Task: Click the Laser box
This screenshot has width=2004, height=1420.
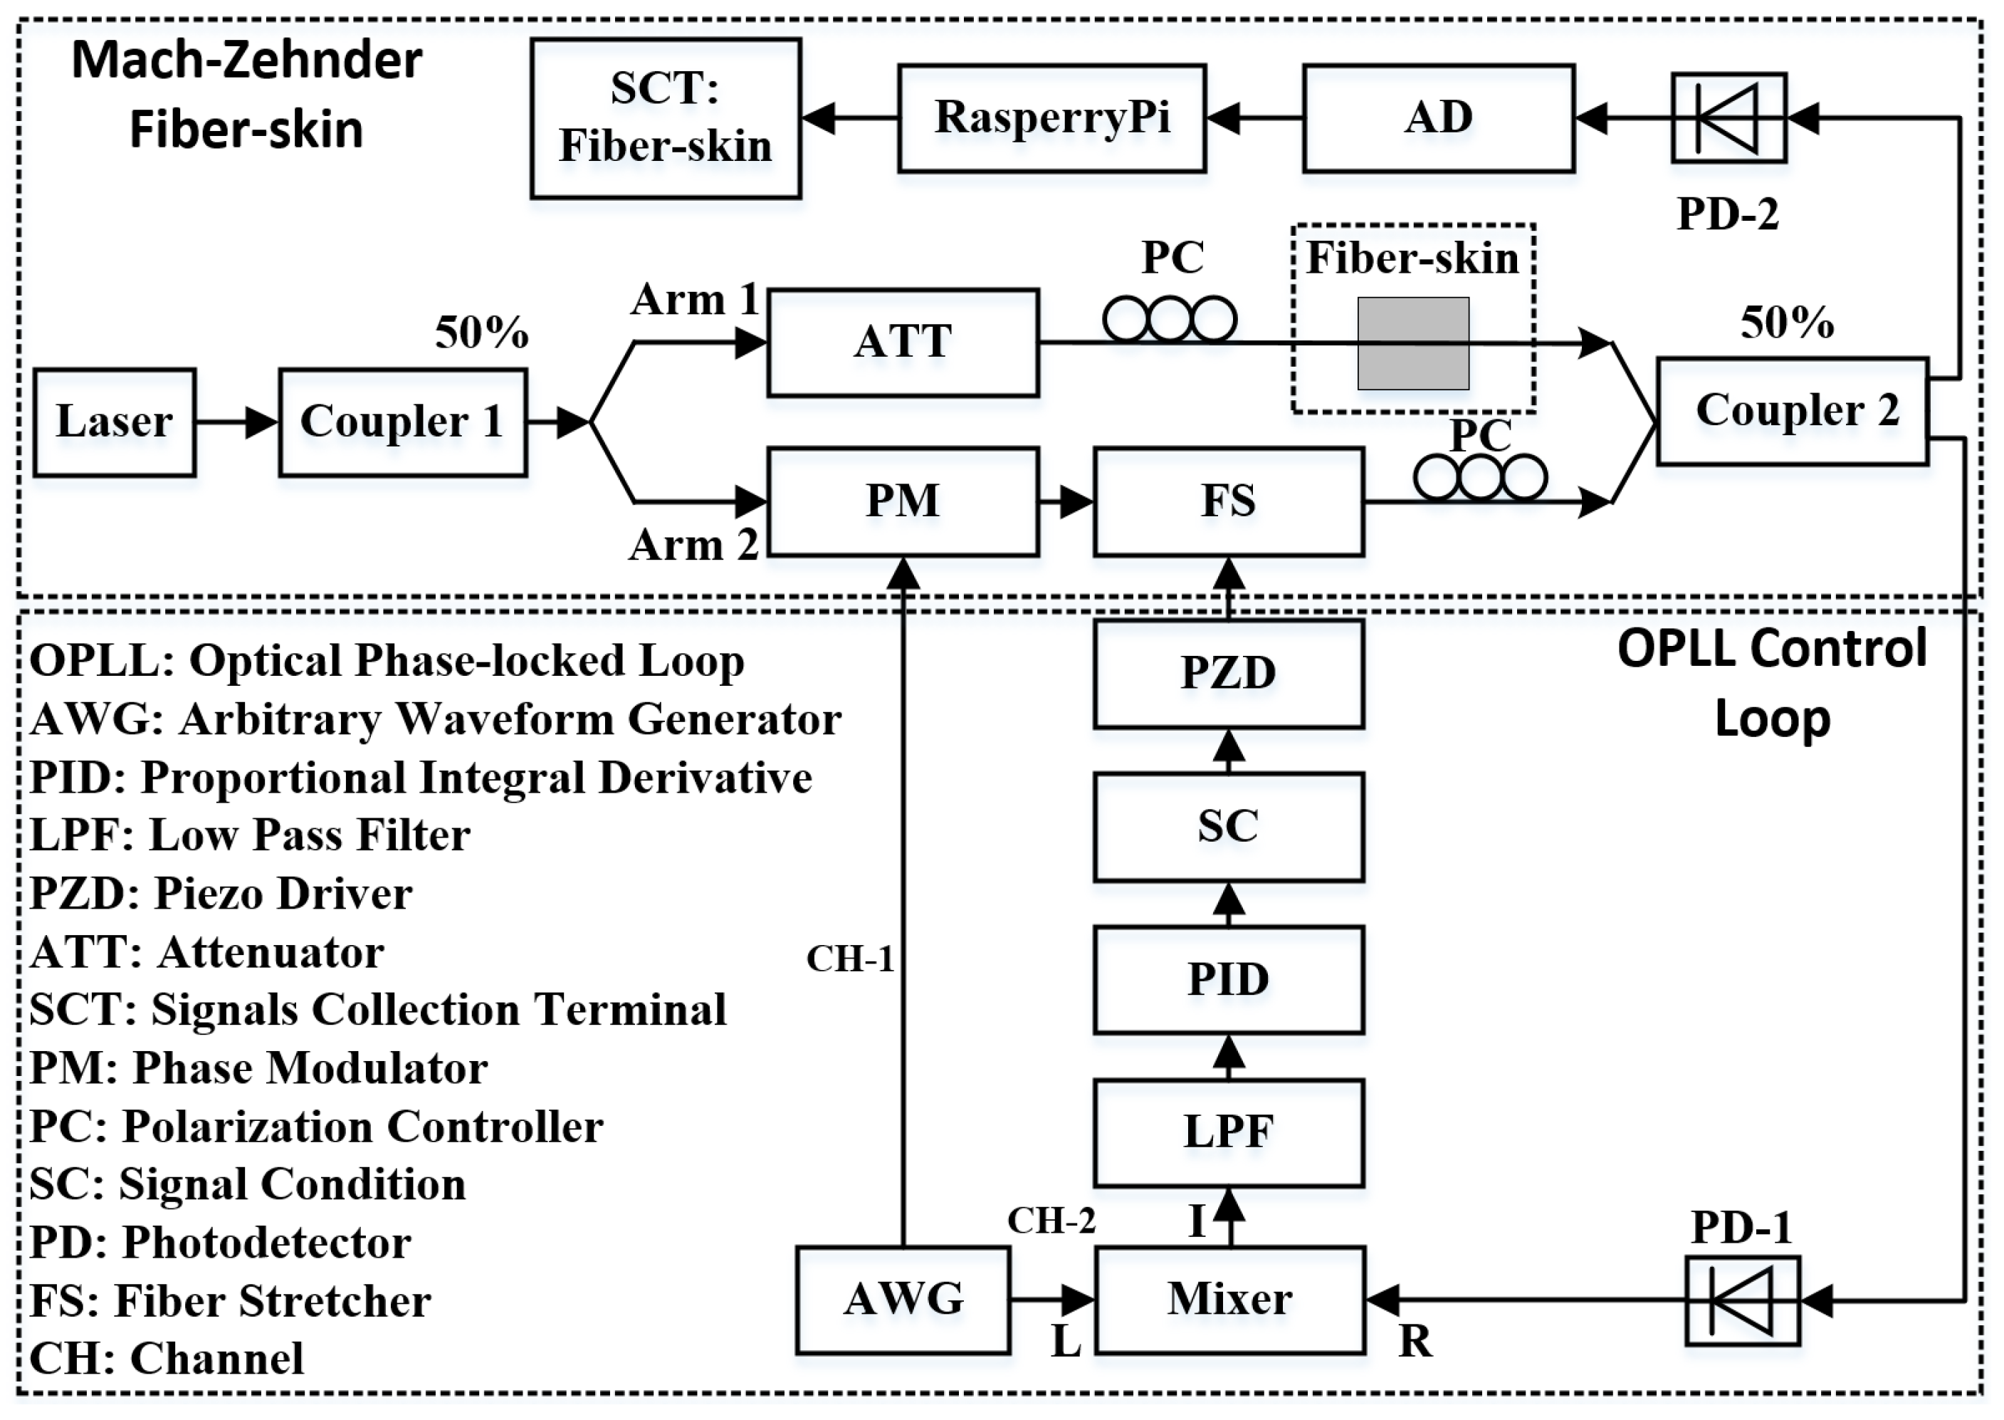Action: (x=115, y=422)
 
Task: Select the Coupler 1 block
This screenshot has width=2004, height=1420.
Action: (x=403, y=422)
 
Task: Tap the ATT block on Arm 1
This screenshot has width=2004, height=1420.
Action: (x=903, y=343)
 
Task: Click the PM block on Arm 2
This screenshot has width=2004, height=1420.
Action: (x=903, y=502)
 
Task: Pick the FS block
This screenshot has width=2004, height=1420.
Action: (x=1229, y=502)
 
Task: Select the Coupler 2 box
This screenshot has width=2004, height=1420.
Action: (x=1792, y=411)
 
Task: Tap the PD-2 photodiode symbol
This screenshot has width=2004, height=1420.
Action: (x=1728, y=118)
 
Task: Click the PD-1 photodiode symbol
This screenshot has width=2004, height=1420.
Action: (x=1742, y=1300)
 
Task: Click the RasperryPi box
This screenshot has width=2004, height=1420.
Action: (x=1052, y=118)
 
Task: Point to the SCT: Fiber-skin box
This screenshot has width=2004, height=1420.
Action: (x=666, y=118)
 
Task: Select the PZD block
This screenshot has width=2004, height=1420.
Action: (x=1229, y=673)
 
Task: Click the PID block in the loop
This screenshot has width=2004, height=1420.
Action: (x=1229, y=979)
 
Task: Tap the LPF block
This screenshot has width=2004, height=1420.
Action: (x=1229, y=1133)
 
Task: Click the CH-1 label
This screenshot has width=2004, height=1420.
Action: (x=849, y=959)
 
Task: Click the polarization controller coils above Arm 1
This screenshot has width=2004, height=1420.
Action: (x=1170, y=318)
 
